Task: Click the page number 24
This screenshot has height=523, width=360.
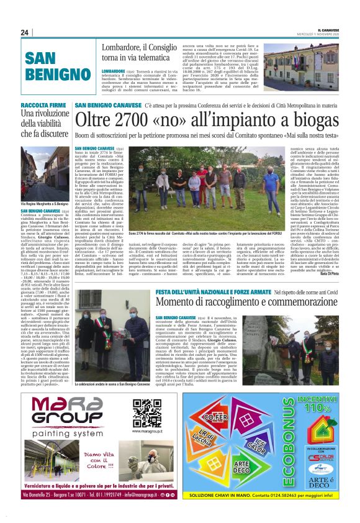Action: point(25,32)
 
